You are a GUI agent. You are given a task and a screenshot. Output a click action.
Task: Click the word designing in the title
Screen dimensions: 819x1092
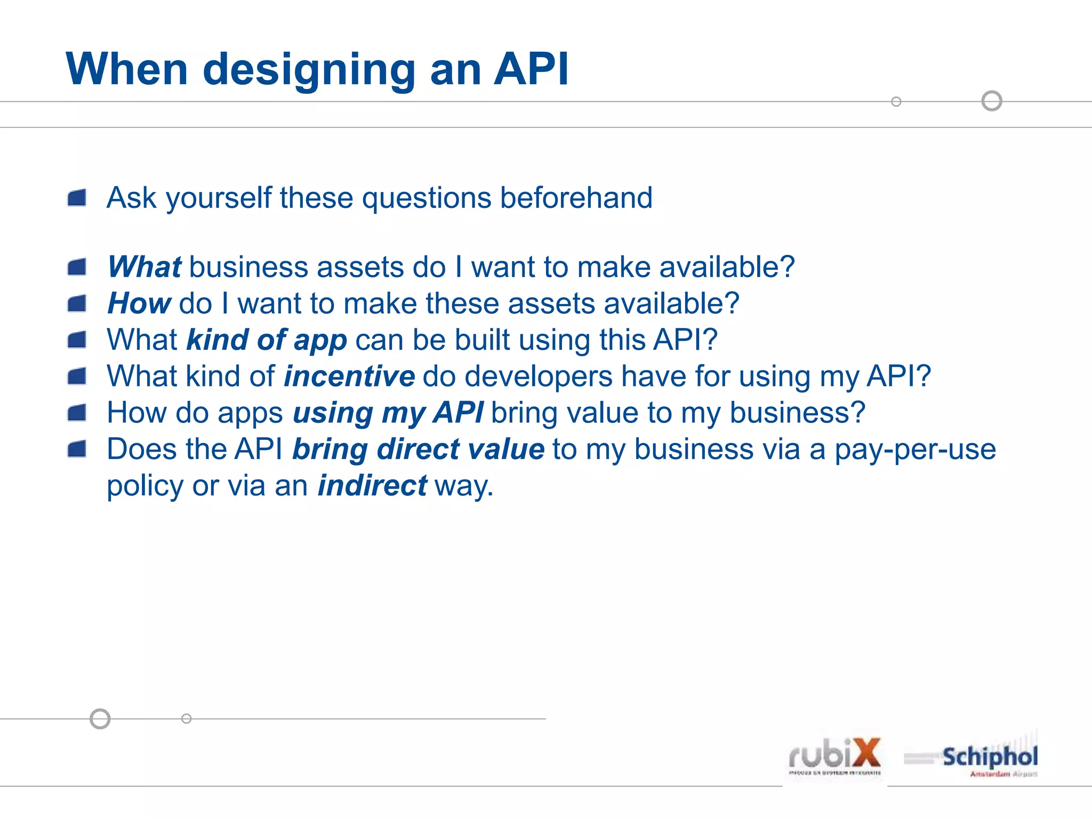[x=309, y=70]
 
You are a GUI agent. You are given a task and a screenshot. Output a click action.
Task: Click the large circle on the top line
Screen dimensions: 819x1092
[x=992, y=101]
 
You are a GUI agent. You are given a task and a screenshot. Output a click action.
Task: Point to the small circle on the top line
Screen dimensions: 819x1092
[x=896, y=101]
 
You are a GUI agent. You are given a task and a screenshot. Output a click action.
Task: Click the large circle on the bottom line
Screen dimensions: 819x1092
[x=100, y=719]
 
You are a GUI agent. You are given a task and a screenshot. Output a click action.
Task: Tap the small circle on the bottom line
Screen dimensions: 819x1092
[x=186, y=719]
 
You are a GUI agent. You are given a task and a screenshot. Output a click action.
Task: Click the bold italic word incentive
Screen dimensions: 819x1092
[x=349, y=376]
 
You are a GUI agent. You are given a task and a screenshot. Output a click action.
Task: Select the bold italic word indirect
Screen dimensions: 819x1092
[x=372, y=486]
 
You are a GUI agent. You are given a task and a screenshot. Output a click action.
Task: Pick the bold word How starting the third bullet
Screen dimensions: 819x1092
[x=139, y=303]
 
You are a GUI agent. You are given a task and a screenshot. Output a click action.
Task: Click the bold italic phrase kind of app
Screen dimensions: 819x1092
[x=267, y=340]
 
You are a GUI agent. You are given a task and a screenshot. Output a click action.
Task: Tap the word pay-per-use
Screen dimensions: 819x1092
[x=915, y=449]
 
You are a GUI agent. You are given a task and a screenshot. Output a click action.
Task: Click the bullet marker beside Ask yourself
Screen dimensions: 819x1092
[x=77, y=198]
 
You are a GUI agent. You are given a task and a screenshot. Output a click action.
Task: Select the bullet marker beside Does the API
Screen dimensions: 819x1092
[x=77, y=449]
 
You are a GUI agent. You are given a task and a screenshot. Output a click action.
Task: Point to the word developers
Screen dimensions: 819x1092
[x=539, y=376]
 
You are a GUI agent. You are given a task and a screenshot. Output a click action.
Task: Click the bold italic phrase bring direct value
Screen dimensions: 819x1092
[x=418, y=449]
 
